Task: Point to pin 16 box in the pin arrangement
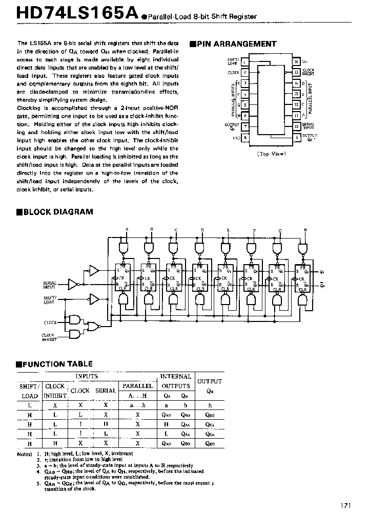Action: (x=296, y=62)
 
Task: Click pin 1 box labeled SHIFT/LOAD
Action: (x=245, y=62)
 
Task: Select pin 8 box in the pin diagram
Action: (x=245, y=137)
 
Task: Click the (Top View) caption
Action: (x=270, y=153)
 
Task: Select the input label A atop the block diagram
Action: (x=126, y=229)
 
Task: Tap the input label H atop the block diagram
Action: (x=305, y=229)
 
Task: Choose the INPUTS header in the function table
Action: (x=87, y=376)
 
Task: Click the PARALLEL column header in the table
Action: (x=138, y=385)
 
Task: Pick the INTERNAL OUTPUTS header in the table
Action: (x=176, y=381)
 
